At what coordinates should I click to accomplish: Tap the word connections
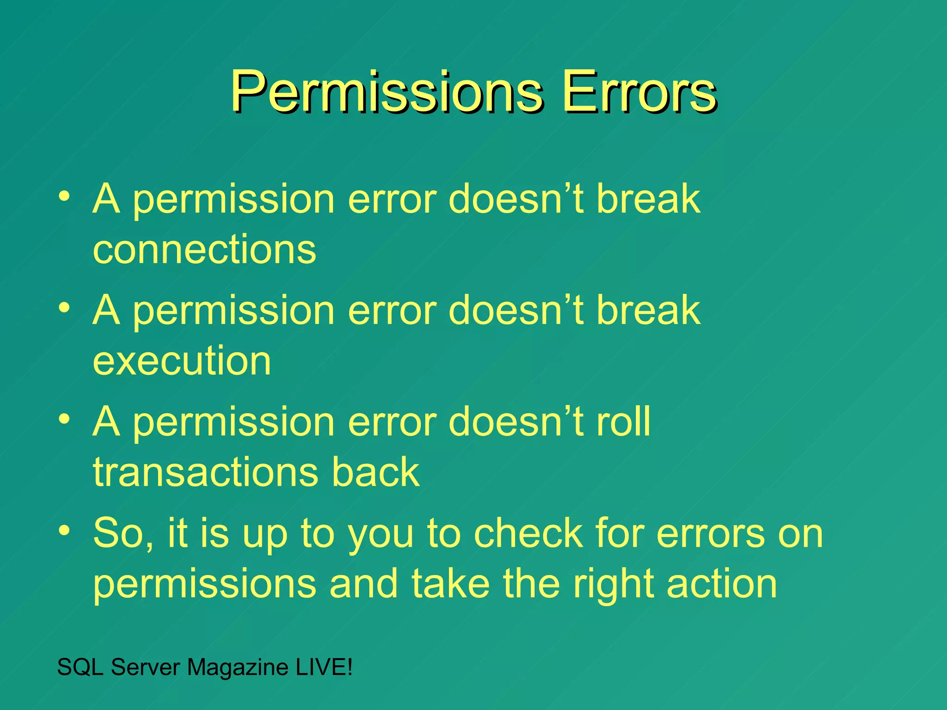(204, 249)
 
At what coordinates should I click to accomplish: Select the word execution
(182, 361)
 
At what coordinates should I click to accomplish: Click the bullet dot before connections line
(65, 196)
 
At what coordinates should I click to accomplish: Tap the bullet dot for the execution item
(65, 307)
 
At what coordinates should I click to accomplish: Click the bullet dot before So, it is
(65, 530)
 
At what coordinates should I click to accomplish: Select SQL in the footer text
(80, 667)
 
